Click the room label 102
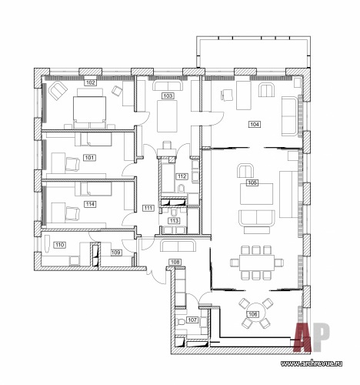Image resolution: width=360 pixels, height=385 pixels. tap(91, 82)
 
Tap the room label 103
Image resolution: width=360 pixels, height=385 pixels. tap(168, 96)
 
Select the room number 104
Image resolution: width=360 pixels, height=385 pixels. tap(255, 125)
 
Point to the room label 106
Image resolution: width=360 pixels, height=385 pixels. tap(252, 314)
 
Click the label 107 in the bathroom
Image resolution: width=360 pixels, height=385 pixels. tap(192, 320)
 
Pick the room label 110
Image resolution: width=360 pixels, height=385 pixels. tap(59, 245)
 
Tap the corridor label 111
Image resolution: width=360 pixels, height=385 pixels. tap(148, 208)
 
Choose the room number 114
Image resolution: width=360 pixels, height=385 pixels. tap(90, 204)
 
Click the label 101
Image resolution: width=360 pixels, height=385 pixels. tap(89, 157)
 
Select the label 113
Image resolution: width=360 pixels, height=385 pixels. tap(174, 220)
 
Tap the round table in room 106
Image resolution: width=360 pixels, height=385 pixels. tap(255, 313)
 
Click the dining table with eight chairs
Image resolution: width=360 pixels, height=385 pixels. tap(257, 263)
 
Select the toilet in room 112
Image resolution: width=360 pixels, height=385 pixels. tap(181, 189)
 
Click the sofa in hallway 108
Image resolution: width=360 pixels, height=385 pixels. tap(178, 246)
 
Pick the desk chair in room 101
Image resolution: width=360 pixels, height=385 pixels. tap(72, 164)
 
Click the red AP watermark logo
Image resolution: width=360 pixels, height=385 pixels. tap(312, 336)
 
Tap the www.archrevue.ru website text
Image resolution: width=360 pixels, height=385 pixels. tap(312, 363)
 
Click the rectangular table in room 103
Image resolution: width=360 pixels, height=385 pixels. tap(167, 116)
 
